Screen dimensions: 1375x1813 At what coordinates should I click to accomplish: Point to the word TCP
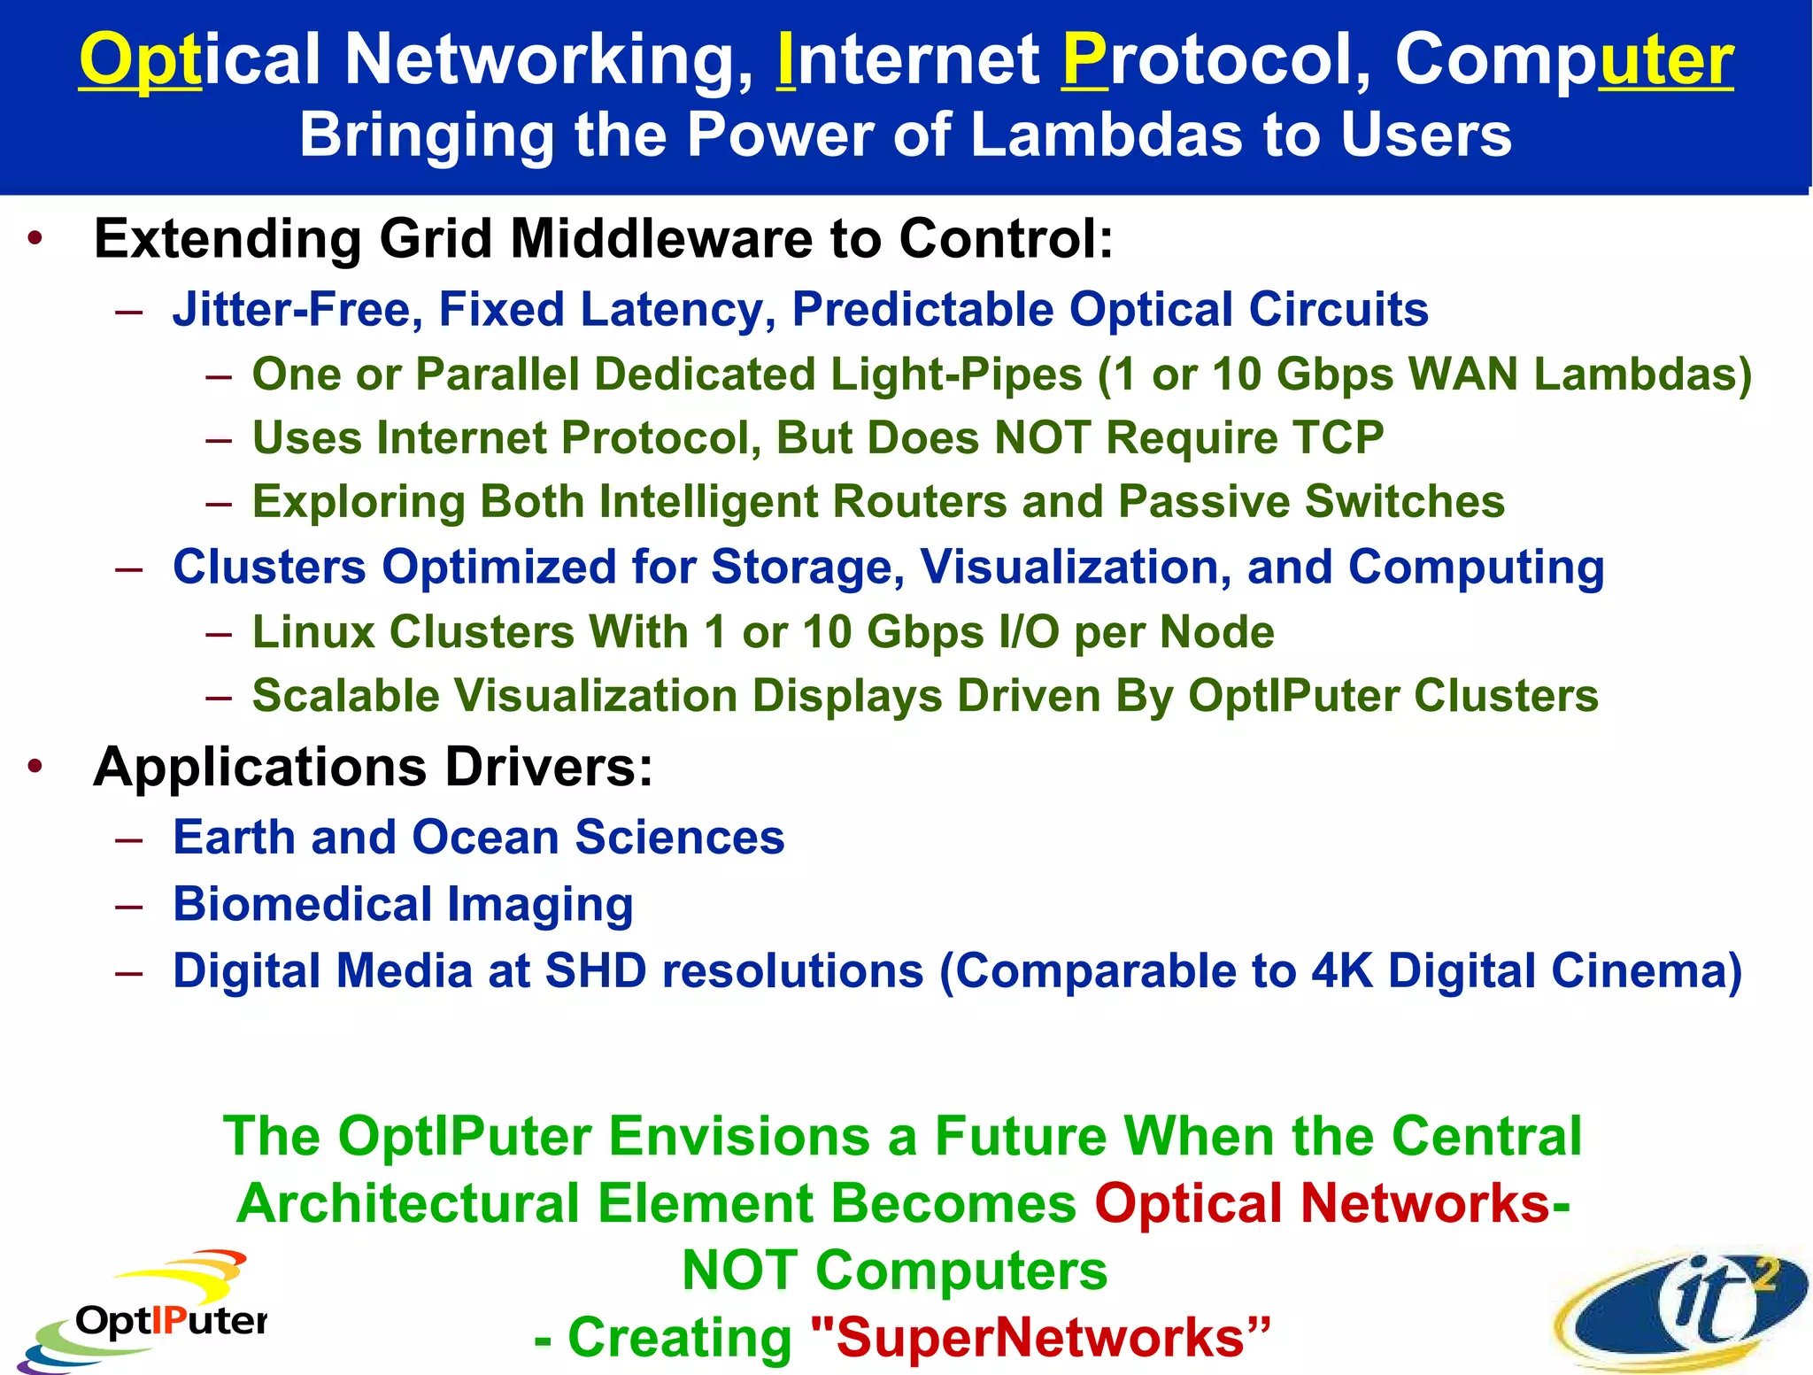pyautogui.click(x=1338, y=437)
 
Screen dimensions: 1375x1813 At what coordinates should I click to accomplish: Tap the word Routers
pyautogui.click(x=920, y=502)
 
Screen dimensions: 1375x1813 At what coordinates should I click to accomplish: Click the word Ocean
pyautogui.click(x=486, y=838)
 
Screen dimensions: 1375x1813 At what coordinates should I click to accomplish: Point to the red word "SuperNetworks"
pyautogui.click(x=1041, y=1337)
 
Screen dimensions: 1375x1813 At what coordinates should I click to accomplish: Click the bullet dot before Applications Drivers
pyautogui.click(x=35, y=767)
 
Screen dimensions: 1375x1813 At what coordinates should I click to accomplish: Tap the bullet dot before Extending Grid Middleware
pyautogui.click(x=35, y=239)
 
